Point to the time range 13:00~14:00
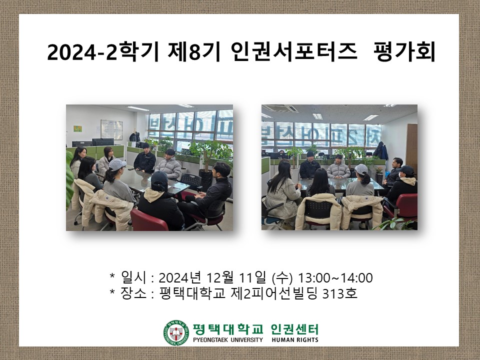(335, 277)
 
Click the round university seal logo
(174, 332)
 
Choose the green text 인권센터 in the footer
(294, 329)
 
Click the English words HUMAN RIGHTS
(294, 340)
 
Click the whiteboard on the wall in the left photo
(111, 129)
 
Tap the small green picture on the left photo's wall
(77, 128)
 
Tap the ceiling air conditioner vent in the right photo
(280, 108)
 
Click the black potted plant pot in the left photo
(205, 180)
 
